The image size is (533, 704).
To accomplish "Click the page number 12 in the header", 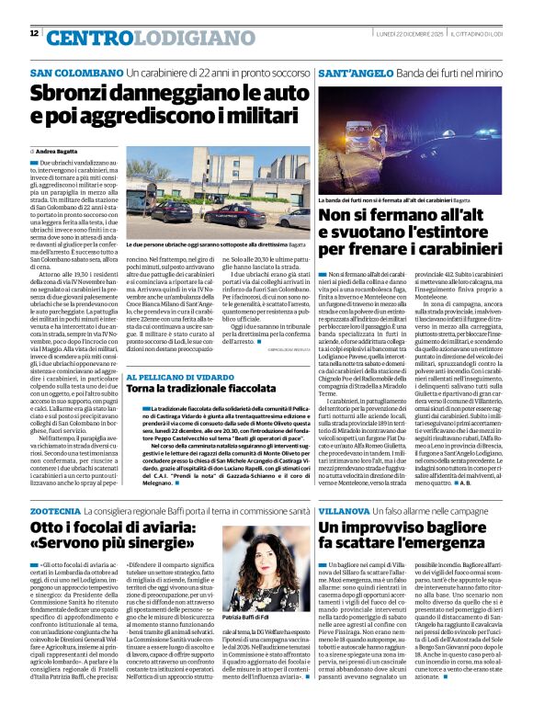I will pos(34,33).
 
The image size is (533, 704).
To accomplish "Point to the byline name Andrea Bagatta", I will pos(59,150).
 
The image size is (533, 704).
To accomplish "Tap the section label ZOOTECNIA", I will pos(55,509).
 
